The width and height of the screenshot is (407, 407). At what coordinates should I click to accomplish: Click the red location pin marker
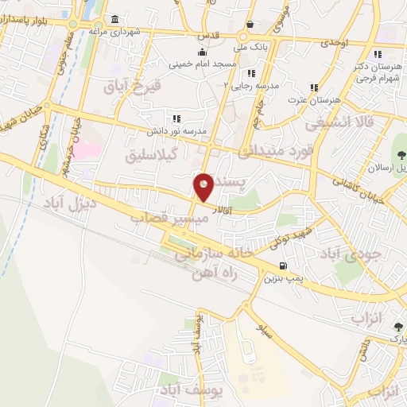pyautogui.click(x=203, y=187)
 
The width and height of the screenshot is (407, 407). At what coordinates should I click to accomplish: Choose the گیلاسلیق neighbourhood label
pyautogui.click(x=151, y=154)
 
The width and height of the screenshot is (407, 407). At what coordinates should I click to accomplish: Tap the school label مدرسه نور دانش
pyautogui.click(x=176, y=130)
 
